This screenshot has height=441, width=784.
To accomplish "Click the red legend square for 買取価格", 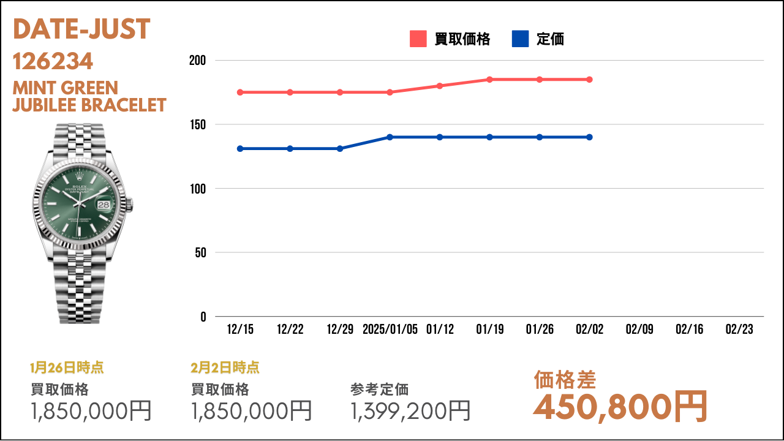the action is tap(418, 39).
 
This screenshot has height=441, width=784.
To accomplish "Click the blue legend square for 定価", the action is tap(520, 39).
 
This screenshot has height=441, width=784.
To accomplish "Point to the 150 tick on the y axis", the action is tap(198, 124).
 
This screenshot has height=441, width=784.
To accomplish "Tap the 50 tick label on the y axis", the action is tap(200, 253).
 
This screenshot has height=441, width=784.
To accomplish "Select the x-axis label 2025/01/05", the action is tap(390, 330).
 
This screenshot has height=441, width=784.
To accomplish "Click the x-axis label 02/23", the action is tap(739, 330).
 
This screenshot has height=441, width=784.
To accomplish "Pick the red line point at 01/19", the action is tap(489, 80).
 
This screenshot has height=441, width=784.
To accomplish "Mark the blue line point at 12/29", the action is tap(340, 149).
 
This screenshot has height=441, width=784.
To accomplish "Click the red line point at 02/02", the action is tap(589, 80).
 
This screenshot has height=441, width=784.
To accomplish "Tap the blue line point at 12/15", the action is tap(240, 149).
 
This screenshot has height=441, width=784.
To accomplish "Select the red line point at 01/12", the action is tap(440, 86).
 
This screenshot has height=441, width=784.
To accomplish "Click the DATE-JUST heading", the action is tap(81, 29).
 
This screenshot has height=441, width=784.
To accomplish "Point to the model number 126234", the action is tap(53, 61).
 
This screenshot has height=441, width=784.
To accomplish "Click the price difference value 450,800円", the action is tap(620, 407).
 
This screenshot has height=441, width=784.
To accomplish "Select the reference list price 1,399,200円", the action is tap(410, 411).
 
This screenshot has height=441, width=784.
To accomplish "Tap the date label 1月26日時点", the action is tap(67, 367).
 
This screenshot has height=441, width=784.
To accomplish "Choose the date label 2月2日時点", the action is tap(225, 367).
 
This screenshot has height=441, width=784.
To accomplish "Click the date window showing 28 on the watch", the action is tap(104, 205).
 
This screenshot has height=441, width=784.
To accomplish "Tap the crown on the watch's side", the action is tap(130, 205).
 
